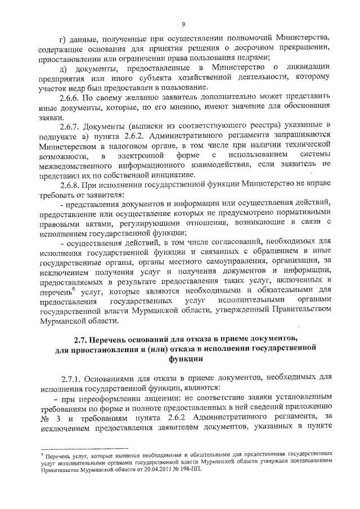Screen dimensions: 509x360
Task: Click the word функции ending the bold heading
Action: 183,361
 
